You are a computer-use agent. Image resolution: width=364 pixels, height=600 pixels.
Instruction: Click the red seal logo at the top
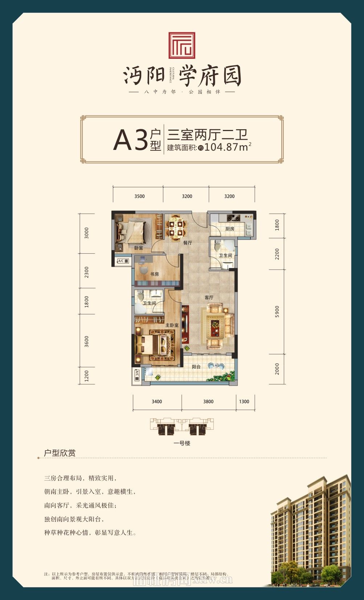182,45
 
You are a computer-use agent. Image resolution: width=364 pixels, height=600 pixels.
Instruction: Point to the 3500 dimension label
139,196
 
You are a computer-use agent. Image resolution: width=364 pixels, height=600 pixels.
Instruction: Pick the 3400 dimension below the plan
157,401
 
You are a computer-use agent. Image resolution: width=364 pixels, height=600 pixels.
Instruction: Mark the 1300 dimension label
244,401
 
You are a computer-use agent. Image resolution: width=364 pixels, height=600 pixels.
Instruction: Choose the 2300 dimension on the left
86,272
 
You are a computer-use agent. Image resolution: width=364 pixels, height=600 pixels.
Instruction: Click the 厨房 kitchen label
230,229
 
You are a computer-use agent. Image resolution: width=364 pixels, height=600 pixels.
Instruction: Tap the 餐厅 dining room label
188,243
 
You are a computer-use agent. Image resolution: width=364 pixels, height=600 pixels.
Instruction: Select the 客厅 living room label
209,298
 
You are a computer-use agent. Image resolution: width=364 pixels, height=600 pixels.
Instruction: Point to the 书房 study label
155,274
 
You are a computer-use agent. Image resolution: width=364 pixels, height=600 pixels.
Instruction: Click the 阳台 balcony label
196,367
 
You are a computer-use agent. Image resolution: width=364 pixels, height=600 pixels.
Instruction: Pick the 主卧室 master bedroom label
172,325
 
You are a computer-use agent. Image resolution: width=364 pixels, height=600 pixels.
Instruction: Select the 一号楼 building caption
182,443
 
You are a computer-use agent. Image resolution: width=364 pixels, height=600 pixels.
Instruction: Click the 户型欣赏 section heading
60,453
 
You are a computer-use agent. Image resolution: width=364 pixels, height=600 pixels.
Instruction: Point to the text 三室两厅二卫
207,135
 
